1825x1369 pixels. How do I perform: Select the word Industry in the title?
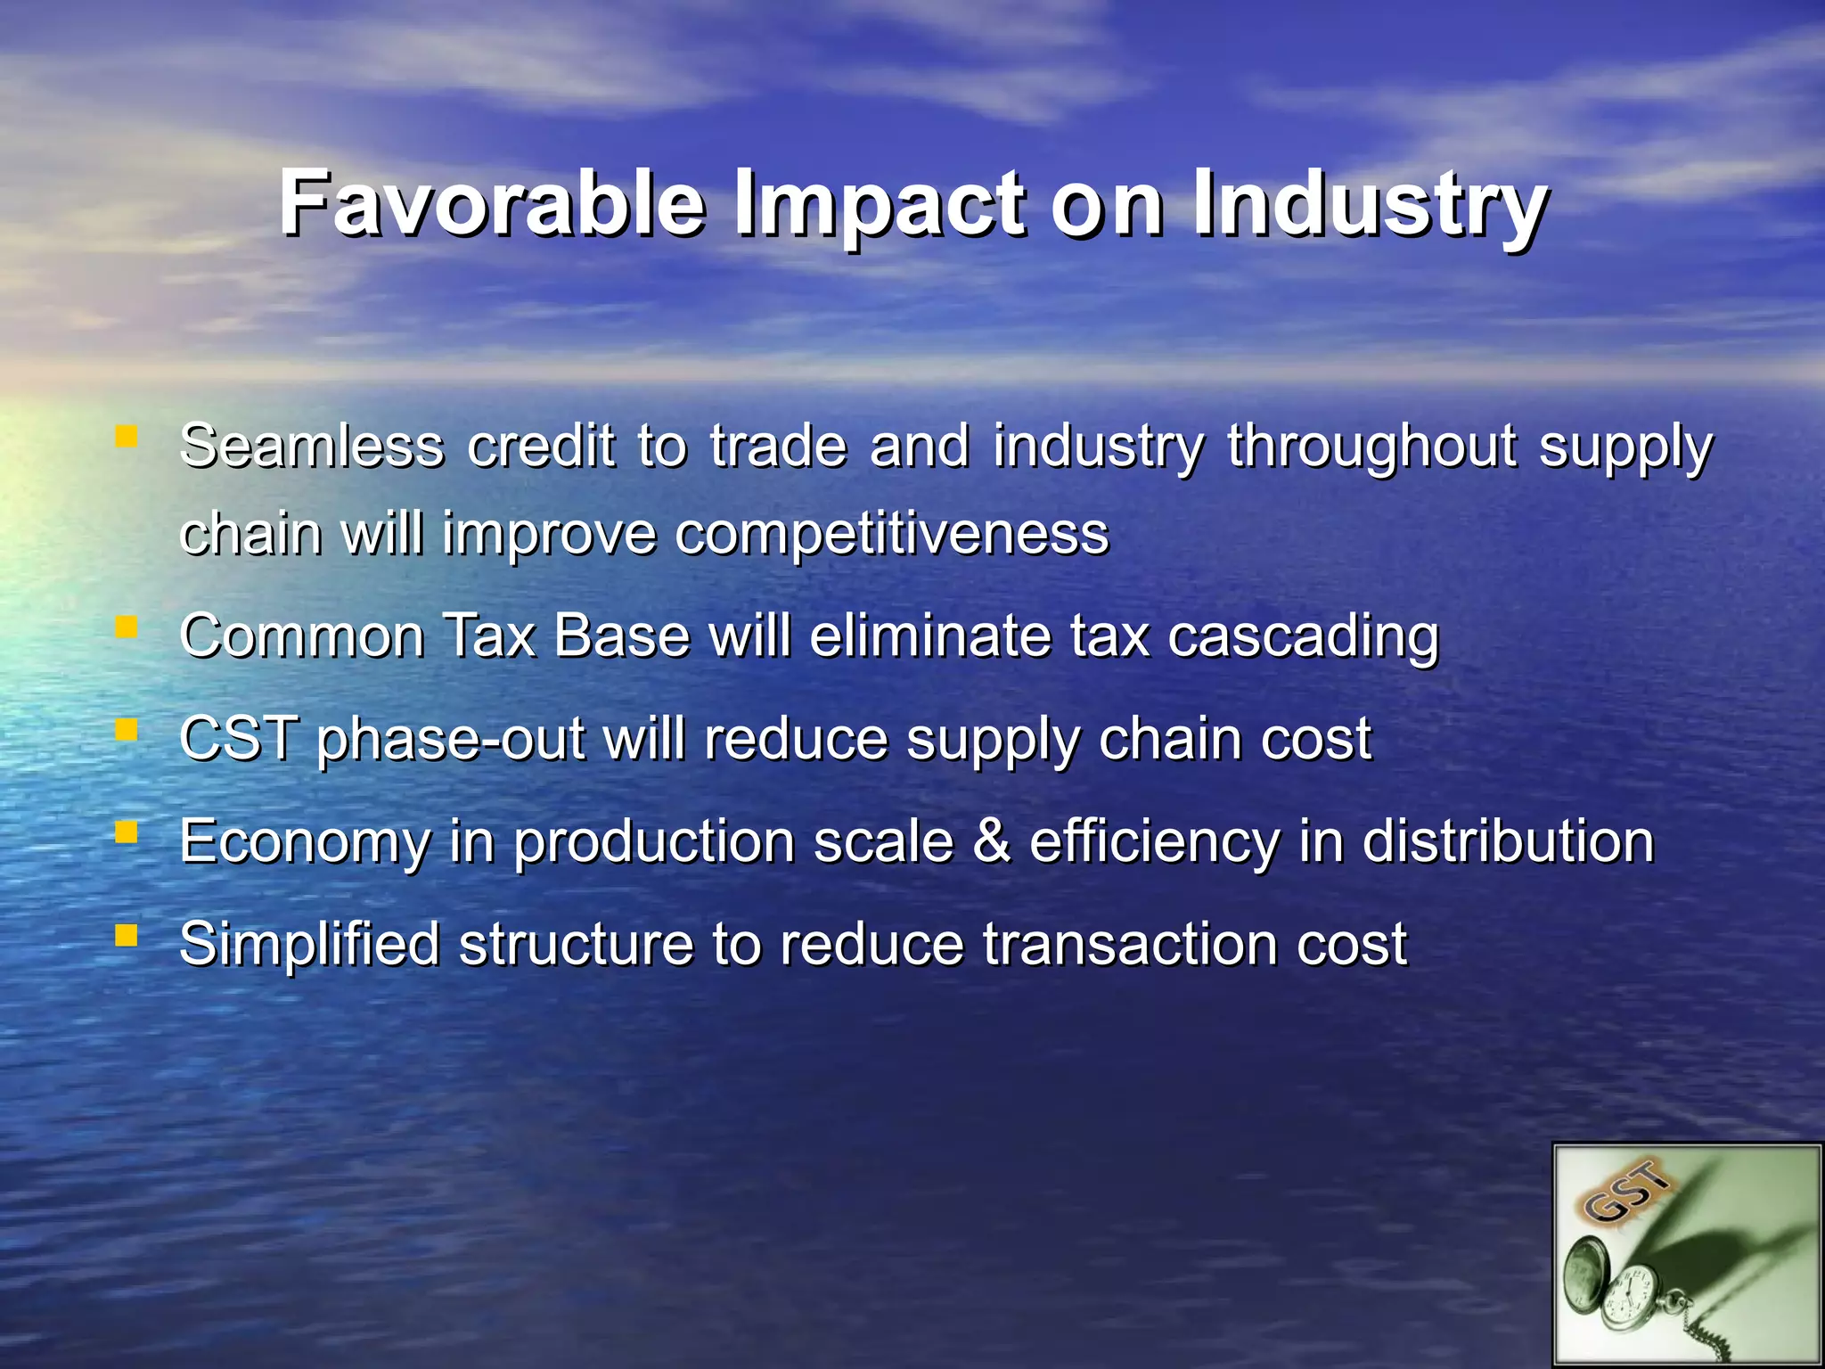click(x=1371, y=205)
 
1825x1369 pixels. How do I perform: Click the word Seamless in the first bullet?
click(x=311, y=446)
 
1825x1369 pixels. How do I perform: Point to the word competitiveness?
click(x=891, y=535)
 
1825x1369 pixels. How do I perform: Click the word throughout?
click(x=1371, y=447)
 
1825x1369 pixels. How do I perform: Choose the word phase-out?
click(x=450, y=742)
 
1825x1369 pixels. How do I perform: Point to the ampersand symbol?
click(x=992, y=841)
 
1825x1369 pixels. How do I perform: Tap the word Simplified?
click(x=309, y=945)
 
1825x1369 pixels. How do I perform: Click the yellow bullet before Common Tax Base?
click(x=127, y=628)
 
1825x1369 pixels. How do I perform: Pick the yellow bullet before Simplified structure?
click(x=127, y=935)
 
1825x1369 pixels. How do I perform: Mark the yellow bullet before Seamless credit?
click(x=127, y=437)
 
